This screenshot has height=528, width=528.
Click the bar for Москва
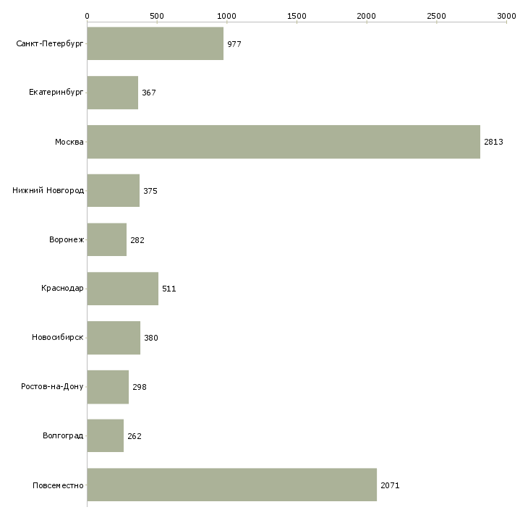(x=284, y=142)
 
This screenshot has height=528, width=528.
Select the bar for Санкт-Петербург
(x=156, y=43)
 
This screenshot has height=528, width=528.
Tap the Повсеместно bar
(x=232, y=485)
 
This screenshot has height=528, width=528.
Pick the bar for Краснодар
(x=122, y=289)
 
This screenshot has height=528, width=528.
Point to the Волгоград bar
(x=106, y=435)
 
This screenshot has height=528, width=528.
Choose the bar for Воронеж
(x=107, y=239)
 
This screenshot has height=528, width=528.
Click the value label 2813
(x=493, y=142)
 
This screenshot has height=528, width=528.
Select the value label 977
(x=234, y=44)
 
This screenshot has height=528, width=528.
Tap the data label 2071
(x=390, y=485)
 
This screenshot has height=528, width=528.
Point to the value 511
(x=169, y=289)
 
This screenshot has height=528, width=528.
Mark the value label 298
(x=140, y=387)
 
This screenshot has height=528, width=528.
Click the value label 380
(x=151, y=338)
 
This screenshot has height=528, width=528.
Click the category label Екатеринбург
(x=56, y=93)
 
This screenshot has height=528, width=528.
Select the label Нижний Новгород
(x=48, y=190)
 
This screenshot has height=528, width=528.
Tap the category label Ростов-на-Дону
(x=52, y=386)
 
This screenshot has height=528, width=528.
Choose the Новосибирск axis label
(x=58, y=337)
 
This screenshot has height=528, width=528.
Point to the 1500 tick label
(x=297, y=16)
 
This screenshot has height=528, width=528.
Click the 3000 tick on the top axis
(x=506, y=16)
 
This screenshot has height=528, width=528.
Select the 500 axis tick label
(x=157, y=16)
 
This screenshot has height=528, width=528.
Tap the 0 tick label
(x=88, y=16)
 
